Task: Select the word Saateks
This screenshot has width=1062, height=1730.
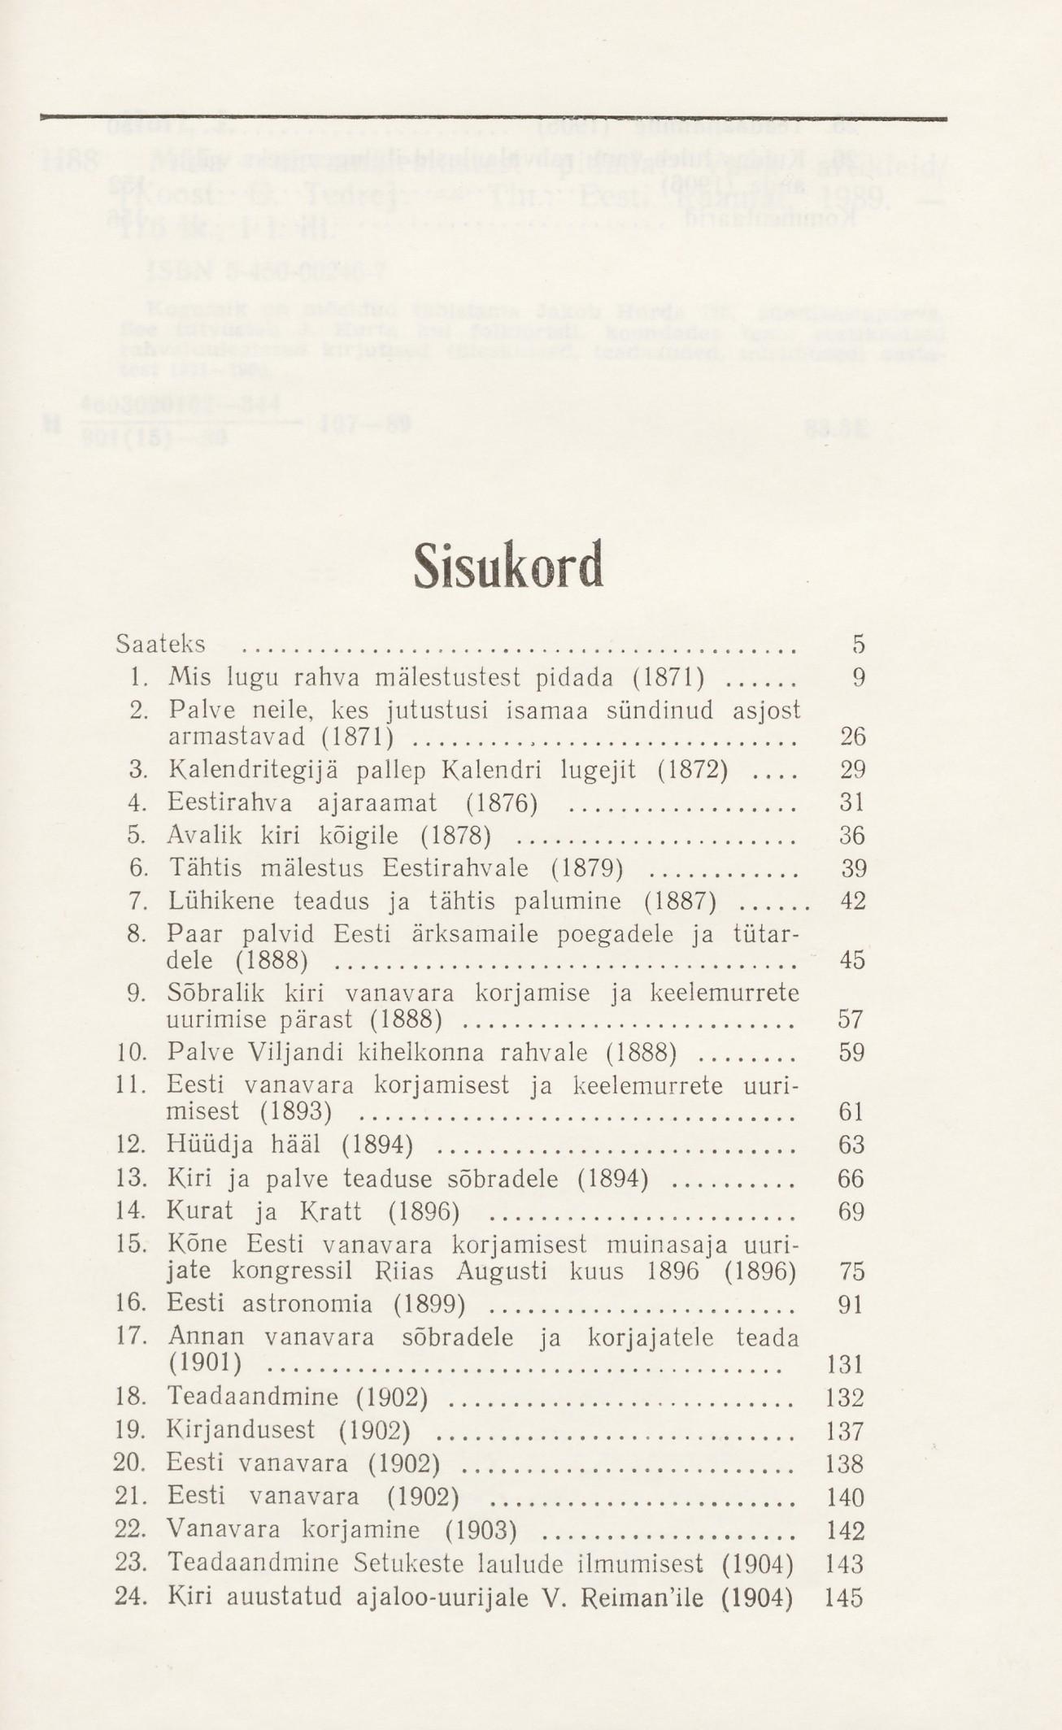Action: coord(160,645)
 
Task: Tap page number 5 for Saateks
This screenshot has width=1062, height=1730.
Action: coord(858,645)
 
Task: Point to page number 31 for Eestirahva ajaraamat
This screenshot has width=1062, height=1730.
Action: coord(852,803)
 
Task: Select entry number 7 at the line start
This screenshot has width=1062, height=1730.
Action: coord(137,902)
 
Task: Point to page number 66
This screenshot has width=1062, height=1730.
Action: coord(851,1179)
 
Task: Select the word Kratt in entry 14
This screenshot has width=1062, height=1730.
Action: coord(332,1212)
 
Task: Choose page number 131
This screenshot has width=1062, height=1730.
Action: coord(844,1364)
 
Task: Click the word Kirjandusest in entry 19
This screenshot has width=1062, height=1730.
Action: coord(240,1431)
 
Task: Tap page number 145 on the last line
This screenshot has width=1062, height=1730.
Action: coord(843,1597)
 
